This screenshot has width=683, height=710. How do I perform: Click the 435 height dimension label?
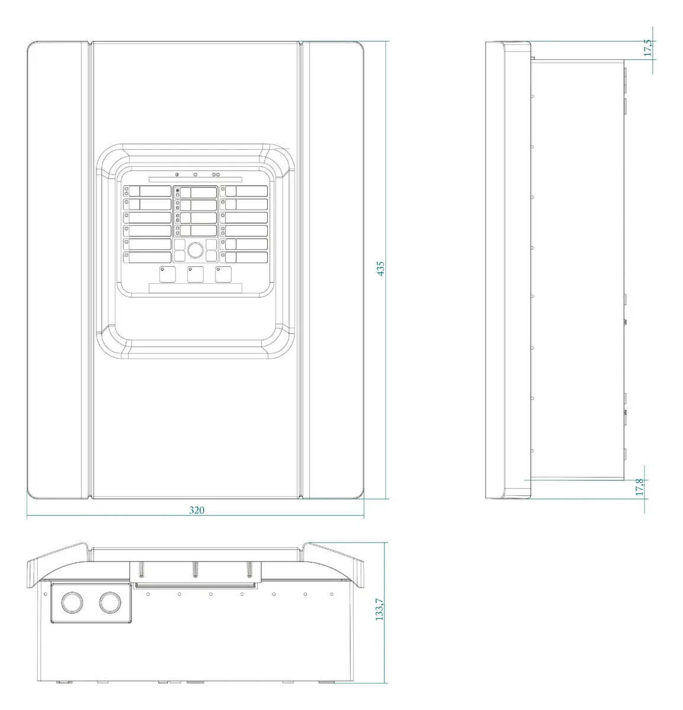380,269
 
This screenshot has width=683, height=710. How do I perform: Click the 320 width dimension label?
197,510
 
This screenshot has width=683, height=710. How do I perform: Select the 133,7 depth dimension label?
379,609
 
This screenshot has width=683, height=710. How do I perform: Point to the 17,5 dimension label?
648,48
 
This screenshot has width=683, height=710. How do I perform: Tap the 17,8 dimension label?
640,487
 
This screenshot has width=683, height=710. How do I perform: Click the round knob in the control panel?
195,250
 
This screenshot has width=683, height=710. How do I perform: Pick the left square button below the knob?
167,275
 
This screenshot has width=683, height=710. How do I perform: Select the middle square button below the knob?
195,275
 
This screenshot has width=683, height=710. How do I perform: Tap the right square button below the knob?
223,275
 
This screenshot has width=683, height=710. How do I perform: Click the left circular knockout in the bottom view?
72,602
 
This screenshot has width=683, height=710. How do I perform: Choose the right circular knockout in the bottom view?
110,602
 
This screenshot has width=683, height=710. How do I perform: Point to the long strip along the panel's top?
195,179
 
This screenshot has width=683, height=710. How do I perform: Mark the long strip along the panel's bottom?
195,288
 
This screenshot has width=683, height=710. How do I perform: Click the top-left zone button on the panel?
147,191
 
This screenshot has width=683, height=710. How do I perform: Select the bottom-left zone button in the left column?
147,257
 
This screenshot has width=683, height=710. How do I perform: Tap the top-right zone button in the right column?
243,191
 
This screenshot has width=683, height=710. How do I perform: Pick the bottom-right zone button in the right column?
243,257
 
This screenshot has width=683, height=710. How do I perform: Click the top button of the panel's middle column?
195,192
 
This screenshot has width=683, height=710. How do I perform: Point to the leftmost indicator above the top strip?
177,175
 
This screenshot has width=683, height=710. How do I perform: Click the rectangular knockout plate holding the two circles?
91,603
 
